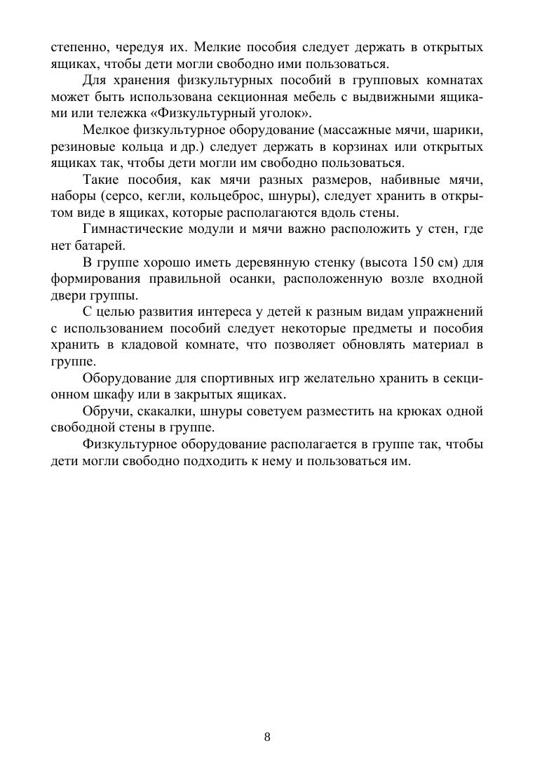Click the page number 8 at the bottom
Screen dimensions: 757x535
tap(267, 737)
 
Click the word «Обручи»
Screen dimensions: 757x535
tap(105, 411)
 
